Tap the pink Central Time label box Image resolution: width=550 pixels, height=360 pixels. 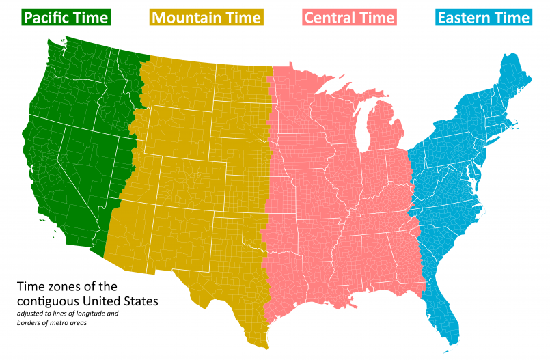pyautogui.click(x=349, y=17)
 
